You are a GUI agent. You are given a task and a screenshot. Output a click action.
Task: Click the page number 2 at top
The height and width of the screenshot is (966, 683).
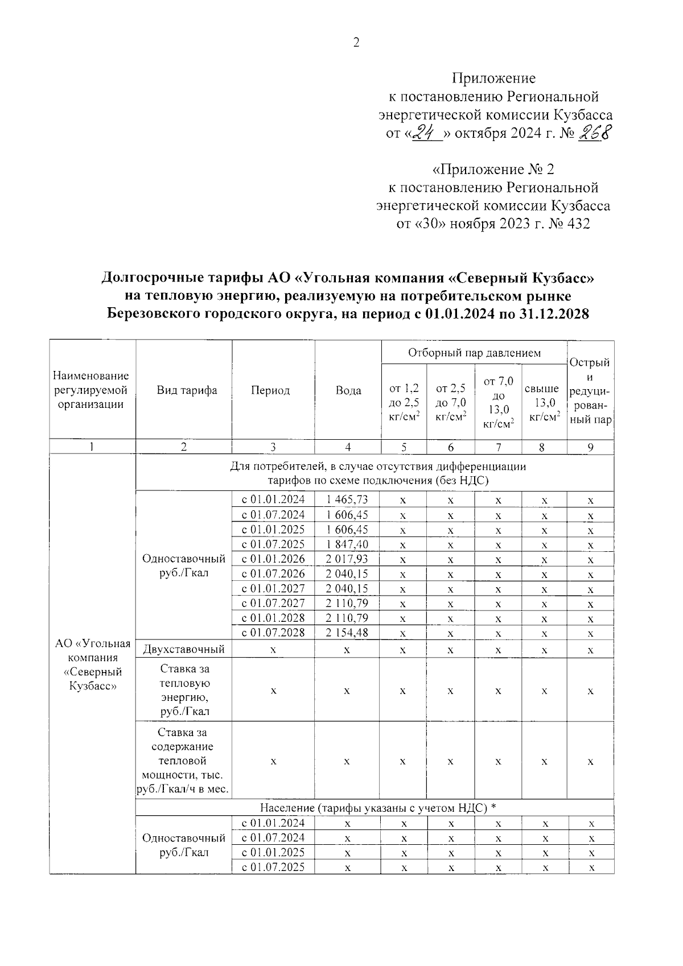[356, 43]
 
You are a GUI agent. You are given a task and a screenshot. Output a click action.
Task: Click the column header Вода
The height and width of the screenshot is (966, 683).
[348, 391]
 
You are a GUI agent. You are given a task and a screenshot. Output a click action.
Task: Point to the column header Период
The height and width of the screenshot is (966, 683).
[270, 391]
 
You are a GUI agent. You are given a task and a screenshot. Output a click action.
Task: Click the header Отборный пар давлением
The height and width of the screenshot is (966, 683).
[474, 353]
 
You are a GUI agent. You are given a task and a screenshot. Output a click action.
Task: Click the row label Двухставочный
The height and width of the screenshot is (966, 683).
[183, 649]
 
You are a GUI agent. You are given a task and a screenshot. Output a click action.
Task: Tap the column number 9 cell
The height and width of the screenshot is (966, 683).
[591, 447]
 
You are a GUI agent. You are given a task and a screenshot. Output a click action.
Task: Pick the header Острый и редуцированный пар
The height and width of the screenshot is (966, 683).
[590, 391]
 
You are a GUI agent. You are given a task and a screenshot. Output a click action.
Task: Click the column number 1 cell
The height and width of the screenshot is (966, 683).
[92, 447]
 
